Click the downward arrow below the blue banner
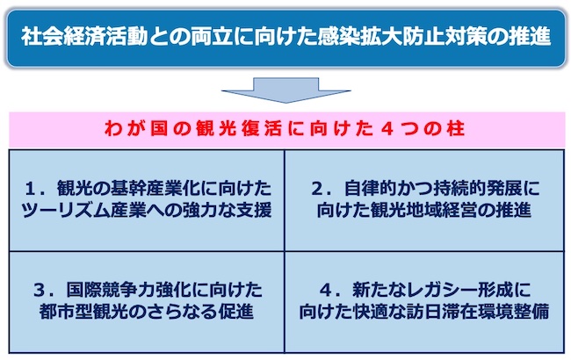click(285, 90)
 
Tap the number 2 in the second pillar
click(318, 189)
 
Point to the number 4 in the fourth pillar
click(326, 290)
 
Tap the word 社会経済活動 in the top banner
click(84, 37)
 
